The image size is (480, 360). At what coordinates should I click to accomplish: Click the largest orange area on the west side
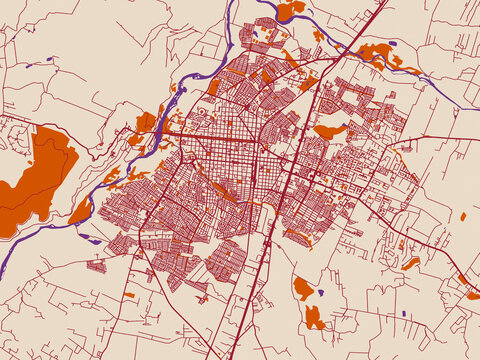[x=40, y=175]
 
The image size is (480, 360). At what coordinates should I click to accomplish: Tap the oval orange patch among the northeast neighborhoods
[x=329, y=130]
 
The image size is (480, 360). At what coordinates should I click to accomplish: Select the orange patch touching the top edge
[x=290, y=9]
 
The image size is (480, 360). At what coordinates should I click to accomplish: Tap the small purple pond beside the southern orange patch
[x=321, y=293]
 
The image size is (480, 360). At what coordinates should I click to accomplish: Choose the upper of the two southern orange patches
[x=304, y=288]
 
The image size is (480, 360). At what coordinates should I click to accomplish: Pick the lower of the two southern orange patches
[x=314, y=318]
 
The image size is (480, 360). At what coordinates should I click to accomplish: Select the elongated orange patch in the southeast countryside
[x=410, y=264]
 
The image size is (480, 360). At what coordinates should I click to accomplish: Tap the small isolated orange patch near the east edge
[x=463, y=216]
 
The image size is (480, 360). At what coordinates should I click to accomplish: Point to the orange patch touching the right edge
[x=472, y=295]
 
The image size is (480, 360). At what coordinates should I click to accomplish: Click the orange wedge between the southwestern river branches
[x=80, y=211]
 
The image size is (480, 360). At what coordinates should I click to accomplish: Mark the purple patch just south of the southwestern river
[x=89, y=239]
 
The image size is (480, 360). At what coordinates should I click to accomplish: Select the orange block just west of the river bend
[x=145, y=123]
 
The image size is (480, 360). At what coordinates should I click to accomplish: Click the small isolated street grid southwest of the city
[x=97, y=266]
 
